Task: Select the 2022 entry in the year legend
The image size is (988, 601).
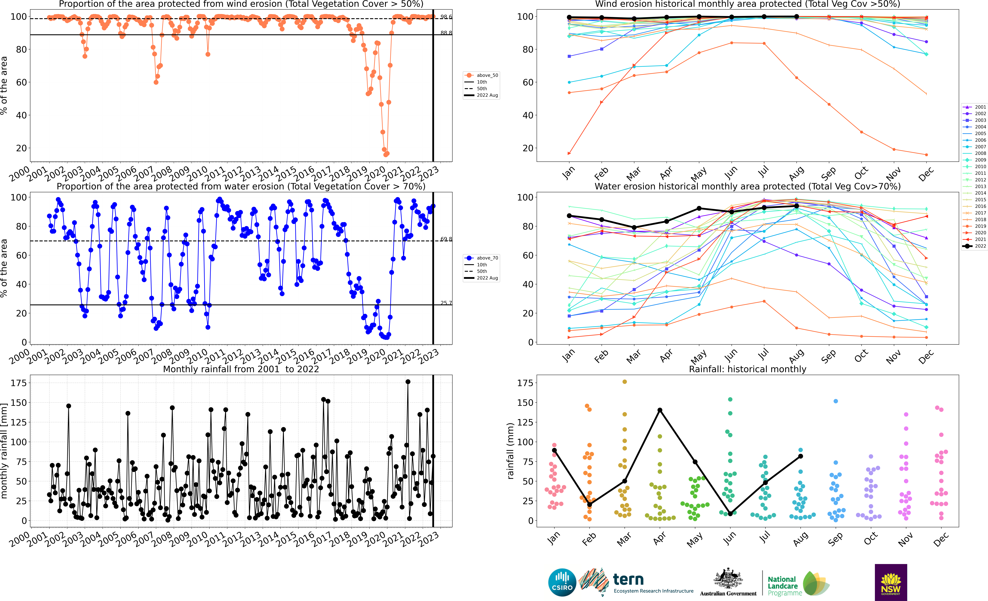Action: click(x=974, y=246)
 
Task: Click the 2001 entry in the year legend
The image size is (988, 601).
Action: click(x=974, y=107)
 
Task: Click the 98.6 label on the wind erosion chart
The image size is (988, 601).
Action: click(x=446, y=17)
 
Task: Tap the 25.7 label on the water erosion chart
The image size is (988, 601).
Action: click(x=446, y=303)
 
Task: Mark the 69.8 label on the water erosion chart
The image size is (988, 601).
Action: click(x=446, y=239)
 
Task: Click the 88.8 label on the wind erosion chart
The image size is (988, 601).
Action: click(x=446, y=33)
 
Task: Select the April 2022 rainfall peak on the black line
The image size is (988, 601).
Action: click(x=660, y=410)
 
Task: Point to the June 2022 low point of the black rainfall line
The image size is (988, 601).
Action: click(x=730, y=514)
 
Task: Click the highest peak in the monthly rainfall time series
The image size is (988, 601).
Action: click(x=408, y=382)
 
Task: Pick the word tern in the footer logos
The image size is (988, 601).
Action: click(x=628, y=579)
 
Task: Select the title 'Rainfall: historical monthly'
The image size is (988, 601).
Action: click(x=747, y=369)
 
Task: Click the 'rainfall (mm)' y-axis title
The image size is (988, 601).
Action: click(x=510, y=451)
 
